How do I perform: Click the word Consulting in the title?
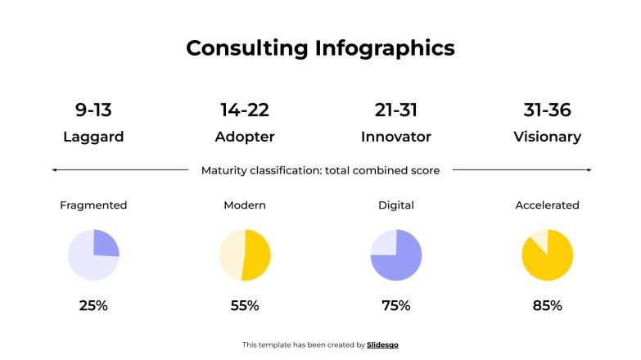[247, 48]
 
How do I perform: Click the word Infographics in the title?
[385, 49]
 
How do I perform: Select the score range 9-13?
[93, 110]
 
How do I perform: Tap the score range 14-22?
[244, 110]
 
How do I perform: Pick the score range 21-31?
[395, 110]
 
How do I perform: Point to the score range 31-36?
[547, 110]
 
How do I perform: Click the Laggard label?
[93, 137]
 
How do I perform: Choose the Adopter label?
[244, 137]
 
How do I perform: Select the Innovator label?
[395, 137]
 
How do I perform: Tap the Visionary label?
[547, 137]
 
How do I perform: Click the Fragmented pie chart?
[93, 255]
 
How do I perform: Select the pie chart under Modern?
[244, 255]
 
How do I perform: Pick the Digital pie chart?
[395, 255]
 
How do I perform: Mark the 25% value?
[93, 306]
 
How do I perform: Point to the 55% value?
[244, 306]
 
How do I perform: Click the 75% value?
[395, 306]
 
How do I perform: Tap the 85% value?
[547, 306]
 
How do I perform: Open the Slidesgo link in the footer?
[382, 345]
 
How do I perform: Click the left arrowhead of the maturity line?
[53, 170]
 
